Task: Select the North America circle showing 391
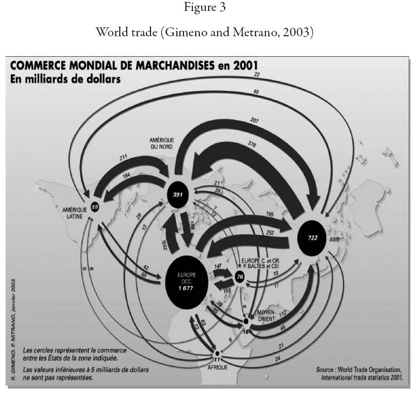177,194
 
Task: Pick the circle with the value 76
241,276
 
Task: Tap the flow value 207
255,120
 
